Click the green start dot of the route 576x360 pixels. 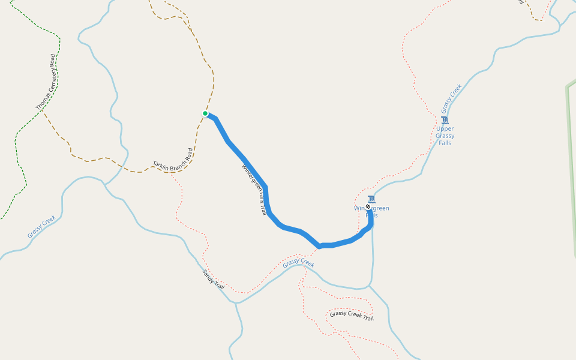205,113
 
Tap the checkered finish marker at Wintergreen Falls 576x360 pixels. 368,206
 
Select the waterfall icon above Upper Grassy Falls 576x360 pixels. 445,120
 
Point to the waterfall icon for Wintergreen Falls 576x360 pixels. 372,199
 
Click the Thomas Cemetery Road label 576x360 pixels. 46,82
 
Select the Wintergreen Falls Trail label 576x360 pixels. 254,191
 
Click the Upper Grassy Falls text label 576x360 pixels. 445,136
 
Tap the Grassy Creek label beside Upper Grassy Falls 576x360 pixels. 452,99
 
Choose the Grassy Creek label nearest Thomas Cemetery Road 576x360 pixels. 41,227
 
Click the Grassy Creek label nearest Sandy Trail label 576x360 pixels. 298,263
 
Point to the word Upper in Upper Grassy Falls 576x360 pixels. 445,128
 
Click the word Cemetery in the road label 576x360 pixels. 47,80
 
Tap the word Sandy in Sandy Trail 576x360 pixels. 208,276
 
